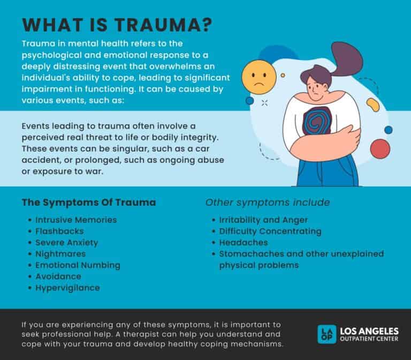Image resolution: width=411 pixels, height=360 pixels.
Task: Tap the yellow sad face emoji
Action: (x=258, y=77)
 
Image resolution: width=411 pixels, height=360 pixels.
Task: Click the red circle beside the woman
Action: (x=380, y=149)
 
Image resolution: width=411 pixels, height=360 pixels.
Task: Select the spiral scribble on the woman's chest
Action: (x=317, y=121)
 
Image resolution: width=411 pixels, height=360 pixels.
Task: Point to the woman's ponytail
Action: (x=346, y=58)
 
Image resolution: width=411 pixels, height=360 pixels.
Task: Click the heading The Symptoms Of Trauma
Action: (x=89, y=202)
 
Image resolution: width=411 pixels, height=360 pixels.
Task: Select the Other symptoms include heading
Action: (x=268, y=202)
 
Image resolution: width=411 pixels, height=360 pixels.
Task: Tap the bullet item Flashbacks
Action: (x=59, y=231)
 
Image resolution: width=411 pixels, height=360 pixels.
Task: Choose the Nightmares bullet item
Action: (x=60, y=254)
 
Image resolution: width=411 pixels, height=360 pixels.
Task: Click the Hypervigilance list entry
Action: (x=67, y=288)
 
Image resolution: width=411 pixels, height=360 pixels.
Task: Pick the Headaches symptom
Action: (x=243, y=243)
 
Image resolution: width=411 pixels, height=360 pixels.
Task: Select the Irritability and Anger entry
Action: (x=263, y=220)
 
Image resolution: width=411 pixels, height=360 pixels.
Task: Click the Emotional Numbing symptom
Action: (x=78, y=265)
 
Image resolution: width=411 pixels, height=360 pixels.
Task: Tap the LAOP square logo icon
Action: (x=326, y=334)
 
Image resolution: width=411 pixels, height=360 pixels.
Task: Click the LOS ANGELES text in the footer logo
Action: (x=369, y=331)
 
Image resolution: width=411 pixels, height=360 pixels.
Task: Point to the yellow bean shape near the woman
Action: (x=372, y=104)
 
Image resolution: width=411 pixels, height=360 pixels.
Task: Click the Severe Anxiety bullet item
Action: (x=66, y=243)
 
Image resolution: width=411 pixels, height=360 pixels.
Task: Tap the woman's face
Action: (x=316, y=89)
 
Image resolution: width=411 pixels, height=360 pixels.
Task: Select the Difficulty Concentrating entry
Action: (x=270, y=231)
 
